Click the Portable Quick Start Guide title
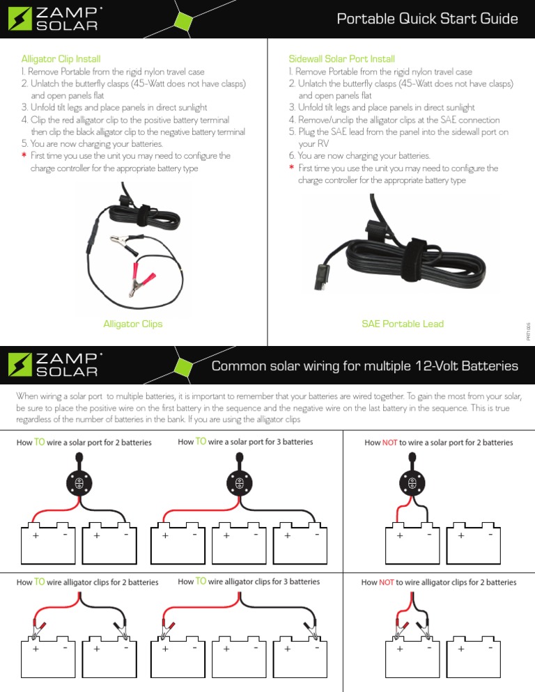427,19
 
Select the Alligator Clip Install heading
61,58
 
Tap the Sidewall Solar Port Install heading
341,58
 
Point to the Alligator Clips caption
133,324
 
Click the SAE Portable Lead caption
403,324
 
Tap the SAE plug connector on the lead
322,276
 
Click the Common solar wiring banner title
364,366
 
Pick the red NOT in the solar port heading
389,442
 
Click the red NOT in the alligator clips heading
387,582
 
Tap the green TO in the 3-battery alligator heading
201,581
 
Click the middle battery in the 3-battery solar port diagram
239,543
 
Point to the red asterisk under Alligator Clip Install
24,155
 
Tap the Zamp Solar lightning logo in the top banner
20,19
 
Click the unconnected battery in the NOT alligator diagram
473,656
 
